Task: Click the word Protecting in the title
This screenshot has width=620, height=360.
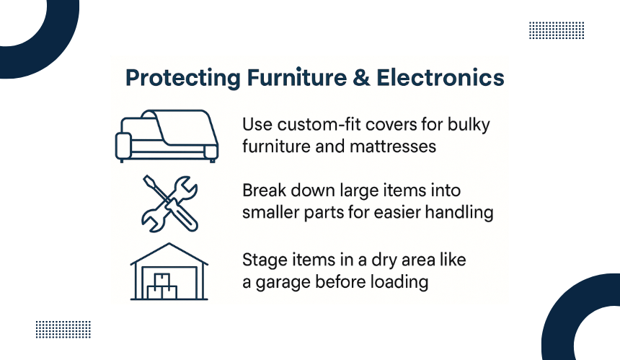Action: tap(182, 78)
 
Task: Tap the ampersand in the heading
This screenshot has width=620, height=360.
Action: tap(361, 77)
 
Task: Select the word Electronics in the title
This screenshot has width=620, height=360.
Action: tap(440, 77)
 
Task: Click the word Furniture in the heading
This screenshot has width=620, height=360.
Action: tap(297, 77)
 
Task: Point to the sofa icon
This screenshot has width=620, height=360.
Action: tap(167, 136)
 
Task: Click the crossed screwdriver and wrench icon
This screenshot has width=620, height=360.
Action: tap(169, 203)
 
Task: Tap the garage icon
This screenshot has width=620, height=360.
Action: tap(169, 271)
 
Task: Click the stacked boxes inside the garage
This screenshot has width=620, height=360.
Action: tap(162, 286)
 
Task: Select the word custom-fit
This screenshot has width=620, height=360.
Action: tap(319, 125)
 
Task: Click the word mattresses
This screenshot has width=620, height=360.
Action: tap(393, 146)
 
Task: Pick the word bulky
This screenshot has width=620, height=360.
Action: tap(469, 125)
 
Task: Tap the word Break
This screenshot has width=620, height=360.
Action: tap(264, 190)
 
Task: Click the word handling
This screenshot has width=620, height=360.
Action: tap(459, 212)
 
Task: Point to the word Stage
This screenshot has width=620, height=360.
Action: tap(265, 260)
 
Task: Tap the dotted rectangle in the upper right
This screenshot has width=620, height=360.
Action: tap(557, 30)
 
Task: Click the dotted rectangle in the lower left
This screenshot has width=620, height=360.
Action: tap(63, 329)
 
